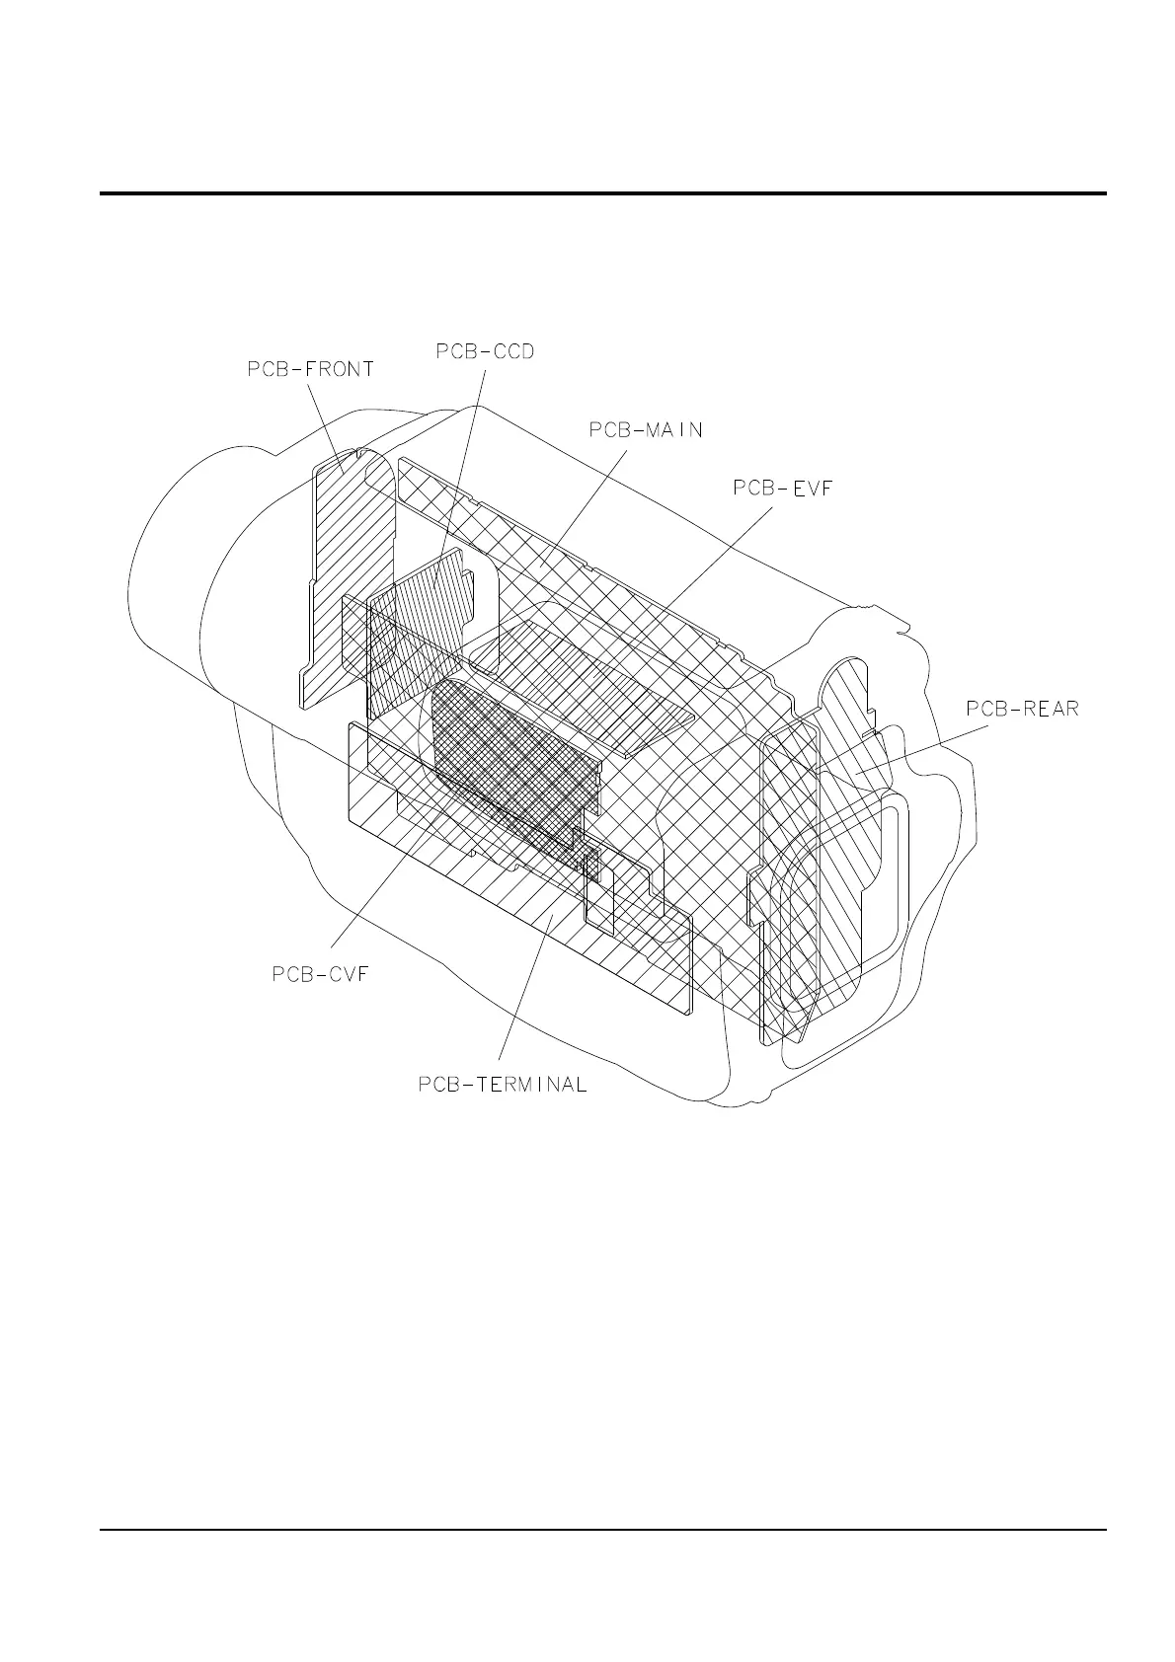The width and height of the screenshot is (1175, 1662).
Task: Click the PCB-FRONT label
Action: pos(310,370)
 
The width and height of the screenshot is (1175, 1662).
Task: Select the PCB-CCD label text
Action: pos(485,351)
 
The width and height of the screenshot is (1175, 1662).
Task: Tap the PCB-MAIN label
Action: pos(646,430)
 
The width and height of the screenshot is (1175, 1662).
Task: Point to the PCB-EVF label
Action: pos(784,488)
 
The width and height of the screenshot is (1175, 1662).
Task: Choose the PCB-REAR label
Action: pos(1022,709)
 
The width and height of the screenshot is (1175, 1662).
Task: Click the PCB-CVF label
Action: pos(319,974)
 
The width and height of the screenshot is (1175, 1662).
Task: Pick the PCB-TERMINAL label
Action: pos(503,1085)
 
